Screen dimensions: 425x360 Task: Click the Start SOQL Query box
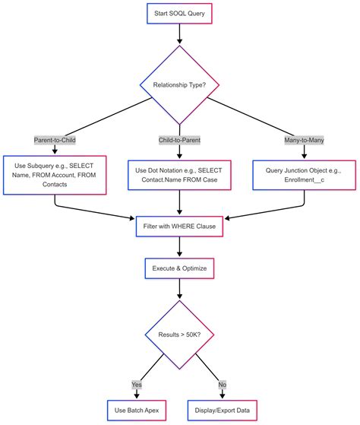coord(179,13)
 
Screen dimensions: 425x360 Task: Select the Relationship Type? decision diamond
coord(179,84)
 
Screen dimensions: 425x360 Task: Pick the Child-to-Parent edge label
coord(179,140)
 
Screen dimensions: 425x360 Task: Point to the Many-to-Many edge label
coord(304,140)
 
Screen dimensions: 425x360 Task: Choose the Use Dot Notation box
coord(179,176)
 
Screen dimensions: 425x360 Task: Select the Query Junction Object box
coord(304,176)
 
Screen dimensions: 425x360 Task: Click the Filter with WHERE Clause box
coord(179,226)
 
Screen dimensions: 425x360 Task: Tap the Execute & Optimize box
coord(179,268)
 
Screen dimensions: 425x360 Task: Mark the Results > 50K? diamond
coord(179,335)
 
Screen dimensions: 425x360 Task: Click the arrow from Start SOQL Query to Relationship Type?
coord(179,34)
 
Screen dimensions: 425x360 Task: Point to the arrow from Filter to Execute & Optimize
coord(179,247)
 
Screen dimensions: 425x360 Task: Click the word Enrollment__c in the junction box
coord(304,182)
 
